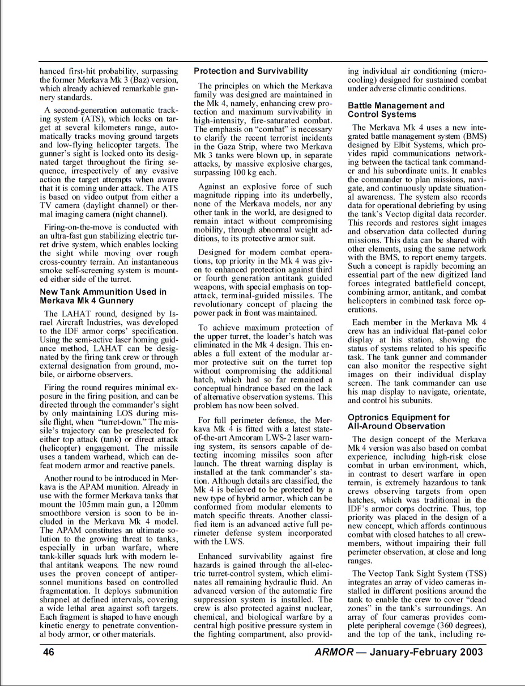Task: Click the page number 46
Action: (49, 652)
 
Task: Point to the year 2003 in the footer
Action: (468, 652)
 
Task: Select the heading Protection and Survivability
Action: (251, 71)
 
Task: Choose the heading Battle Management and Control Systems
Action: (396, 110)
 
